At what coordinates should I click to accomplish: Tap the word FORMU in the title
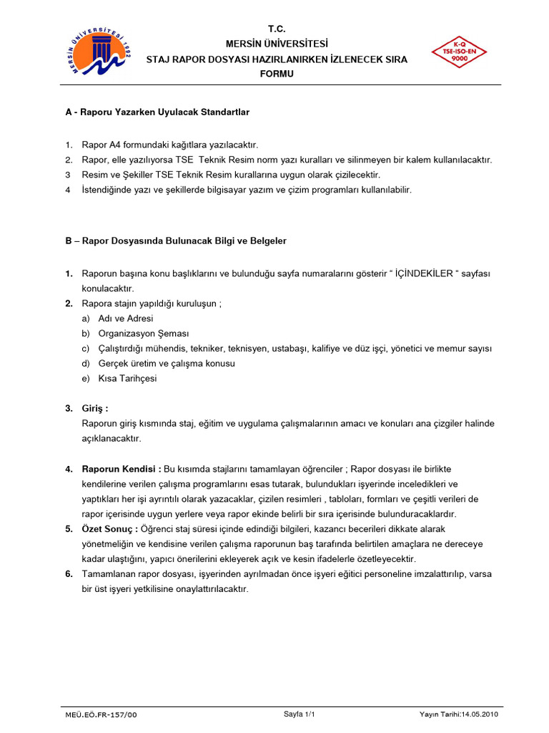click(x=277, y=74)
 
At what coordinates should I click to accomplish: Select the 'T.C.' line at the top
click(x=277, y=29)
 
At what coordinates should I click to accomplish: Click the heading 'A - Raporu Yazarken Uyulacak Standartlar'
click(x=157, y=112)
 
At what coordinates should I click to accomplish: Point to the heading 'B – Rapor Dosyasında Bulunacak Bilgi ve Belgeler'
click(x=176, y=241)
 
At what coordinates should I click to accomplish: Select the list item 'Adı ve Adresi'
click(x=126, y=319)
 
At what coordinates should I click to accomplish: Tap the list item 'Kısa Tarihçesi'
click(x=127, y=379)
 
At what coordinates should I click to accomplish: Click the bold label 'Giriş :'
click(x=95, y=409)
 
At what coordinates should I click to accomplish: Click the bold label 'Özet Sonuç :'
click(x=109, y=529)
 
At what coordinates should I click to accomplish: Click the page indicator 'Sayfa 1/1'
click(x=299, y=714)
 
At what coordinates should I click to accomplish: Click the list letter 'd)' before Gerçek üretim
click(x=86, y=364)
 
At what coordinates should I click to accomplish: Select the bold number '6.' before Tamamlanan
click(x=69, y=574)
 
